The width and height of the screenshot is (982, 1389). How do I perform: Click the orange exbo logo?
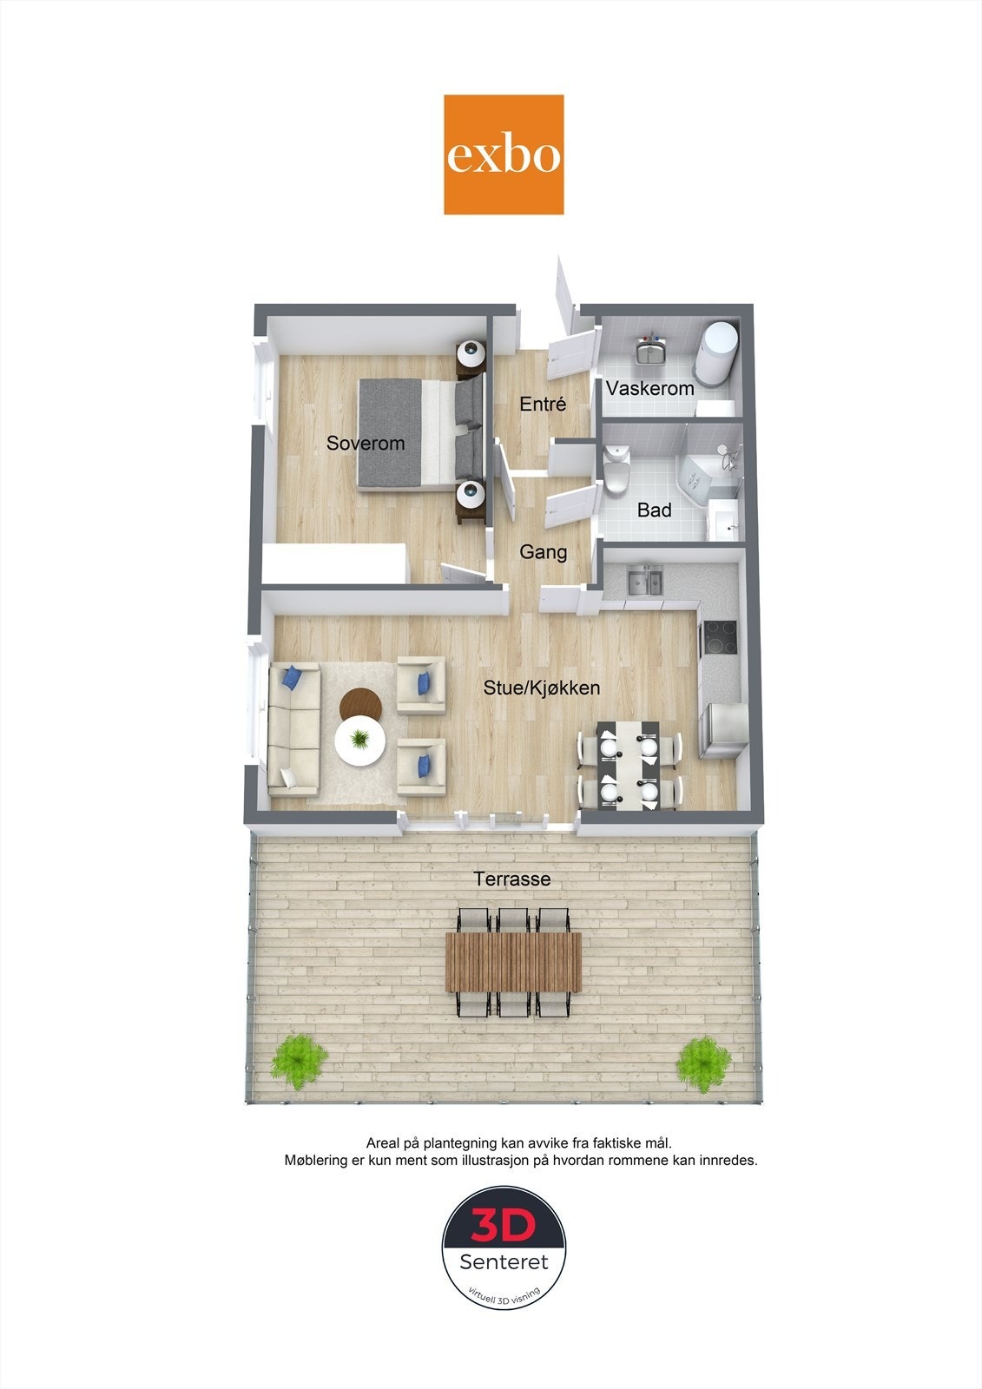point(504,155)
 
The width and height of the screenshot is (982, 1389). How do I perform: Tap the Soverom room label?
point(366,444)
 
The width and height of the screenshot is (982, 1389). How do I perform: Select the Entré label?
point(543,404)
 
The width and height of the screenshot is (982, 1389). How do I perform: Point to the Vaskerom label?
point(650,388)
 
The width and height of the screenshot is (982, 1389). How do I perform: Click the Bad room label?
point(654,510)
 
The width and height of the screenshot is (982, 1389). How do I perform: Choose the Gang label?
point(544,552)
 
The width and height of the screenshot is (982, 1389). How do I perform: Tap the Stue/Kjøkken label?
point(542,688)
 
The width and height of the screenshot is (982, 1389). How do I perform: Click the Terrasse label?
point(512,879)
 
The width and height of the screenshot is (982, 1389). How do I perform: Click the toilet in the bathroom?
point(616,469)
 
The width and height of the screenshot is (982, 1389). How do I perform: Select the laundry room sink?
point(650,352)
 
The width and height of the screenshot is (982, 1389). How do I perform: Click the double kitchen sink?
point(645,580)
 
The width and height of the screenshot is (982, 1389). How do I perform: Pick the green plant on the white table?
point(359,740)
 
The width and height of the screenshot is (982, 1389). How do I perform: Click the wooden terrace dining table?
point(513,961)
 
